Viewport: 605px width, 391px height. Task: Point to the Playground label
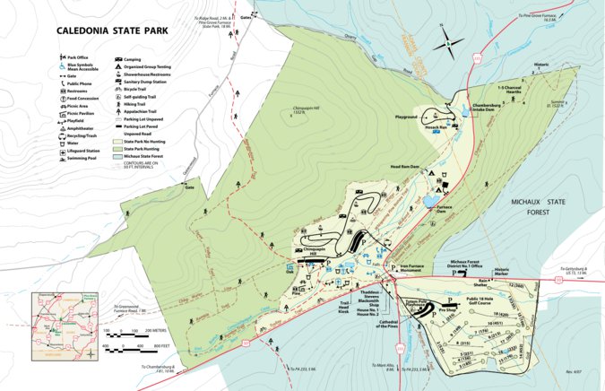(x=406, y=117)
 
